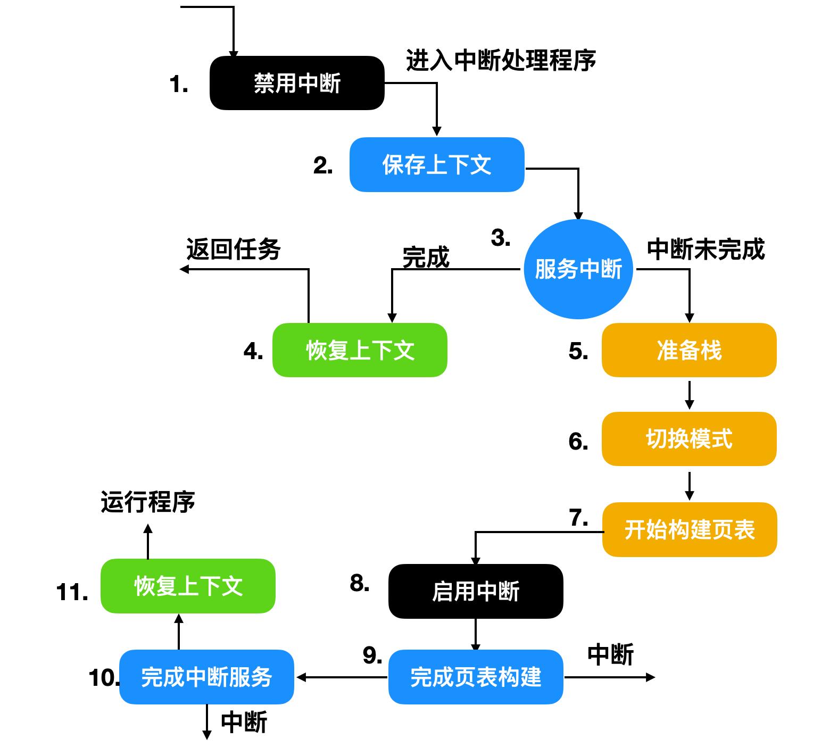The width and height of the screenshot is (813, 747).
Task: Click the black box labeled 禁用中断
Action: point(297,83)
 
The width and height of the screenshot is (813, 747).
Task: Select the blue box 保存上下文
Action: point(436,164)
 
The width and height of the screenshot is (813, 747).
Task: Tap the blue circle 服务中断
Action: point(578,269)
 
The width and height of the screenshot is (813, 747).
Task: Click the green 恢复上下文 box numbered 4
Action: point(360,350)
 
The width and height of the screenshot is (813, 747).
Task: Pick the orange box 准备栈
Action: point(688,350)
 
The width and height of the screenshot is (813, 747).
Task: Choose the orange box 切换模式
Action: point(688,439)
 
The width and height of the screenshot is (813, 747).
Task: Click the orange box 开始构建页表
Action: point(689,529)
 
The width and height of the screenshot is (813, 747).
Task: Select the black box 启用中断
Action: point(475,591)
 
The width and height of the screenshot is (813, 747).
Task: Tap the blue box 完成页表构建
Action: point(475,677)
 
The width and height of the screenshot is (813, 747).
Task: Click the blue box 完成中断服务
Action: point(206,677)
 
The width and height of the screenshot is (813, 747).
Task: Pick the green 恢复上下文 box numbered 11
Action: point(188,586)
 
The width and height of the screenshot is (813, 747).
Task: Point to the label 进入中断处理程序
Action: point(501,60)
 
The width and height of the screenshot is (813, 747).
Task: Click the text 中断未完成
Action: point(706,249)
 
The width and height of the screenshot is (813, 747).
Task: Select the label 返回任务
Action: point(233,249)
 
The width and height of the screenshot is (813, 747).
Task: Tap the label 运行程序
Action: point(148,502)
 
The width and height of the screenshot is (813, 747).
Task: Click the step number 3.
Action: point(500,238)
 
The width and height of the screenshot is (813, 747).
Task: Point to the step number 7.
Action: point(578,518)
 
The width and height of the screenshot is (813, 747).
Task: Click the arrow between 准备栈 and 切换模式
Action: point(689,394)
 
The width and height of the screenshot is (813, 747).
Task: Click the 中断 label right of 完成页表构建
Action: point(610,654)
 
